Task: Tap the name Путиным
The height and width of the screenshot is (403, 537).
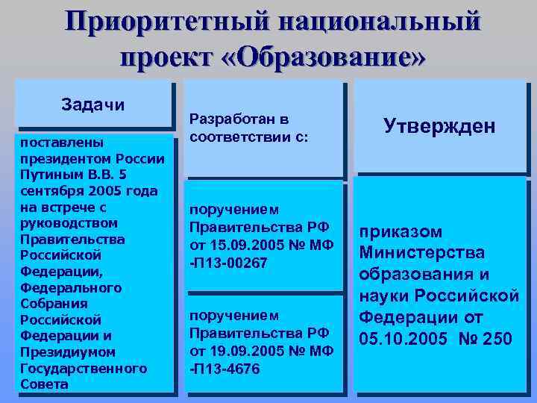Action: click(48, 174)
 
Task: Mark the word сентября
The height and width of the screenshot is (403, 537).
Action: click(49, 190)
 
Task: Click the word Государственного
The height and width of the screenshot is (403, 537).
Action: click(83, 369)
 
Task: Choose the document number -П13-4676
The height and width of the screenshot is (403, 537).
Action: click(224, 368)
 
